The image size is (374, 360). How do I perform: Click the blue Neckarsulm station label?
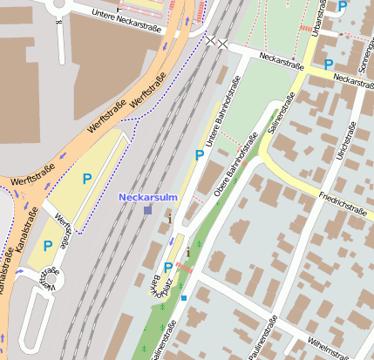tap(147, 197)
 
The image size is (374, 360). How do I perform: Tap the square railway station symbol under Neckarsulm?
tap(147, 210)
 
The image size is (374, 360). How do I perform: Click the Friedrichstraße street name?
tap(342, 201)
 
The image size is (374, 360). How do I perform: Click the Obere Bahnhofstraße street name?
tap(234, 163)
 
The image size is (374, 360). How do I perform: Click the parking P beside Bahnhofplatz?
tap(168, 268)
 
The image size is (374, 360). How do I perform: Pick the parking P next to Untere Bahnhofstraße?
tap(200, 155)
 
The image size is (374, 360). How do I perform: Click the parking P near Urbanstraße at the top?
tap(343, 5)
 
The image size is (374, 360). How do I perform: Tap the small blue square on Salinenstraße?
tap(184, 298)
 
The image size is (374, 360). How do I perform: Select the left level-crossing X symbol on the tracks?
tap(210, 40)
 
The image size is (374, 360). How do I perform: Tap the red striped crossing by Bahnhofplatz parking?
tap(184, 268)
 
